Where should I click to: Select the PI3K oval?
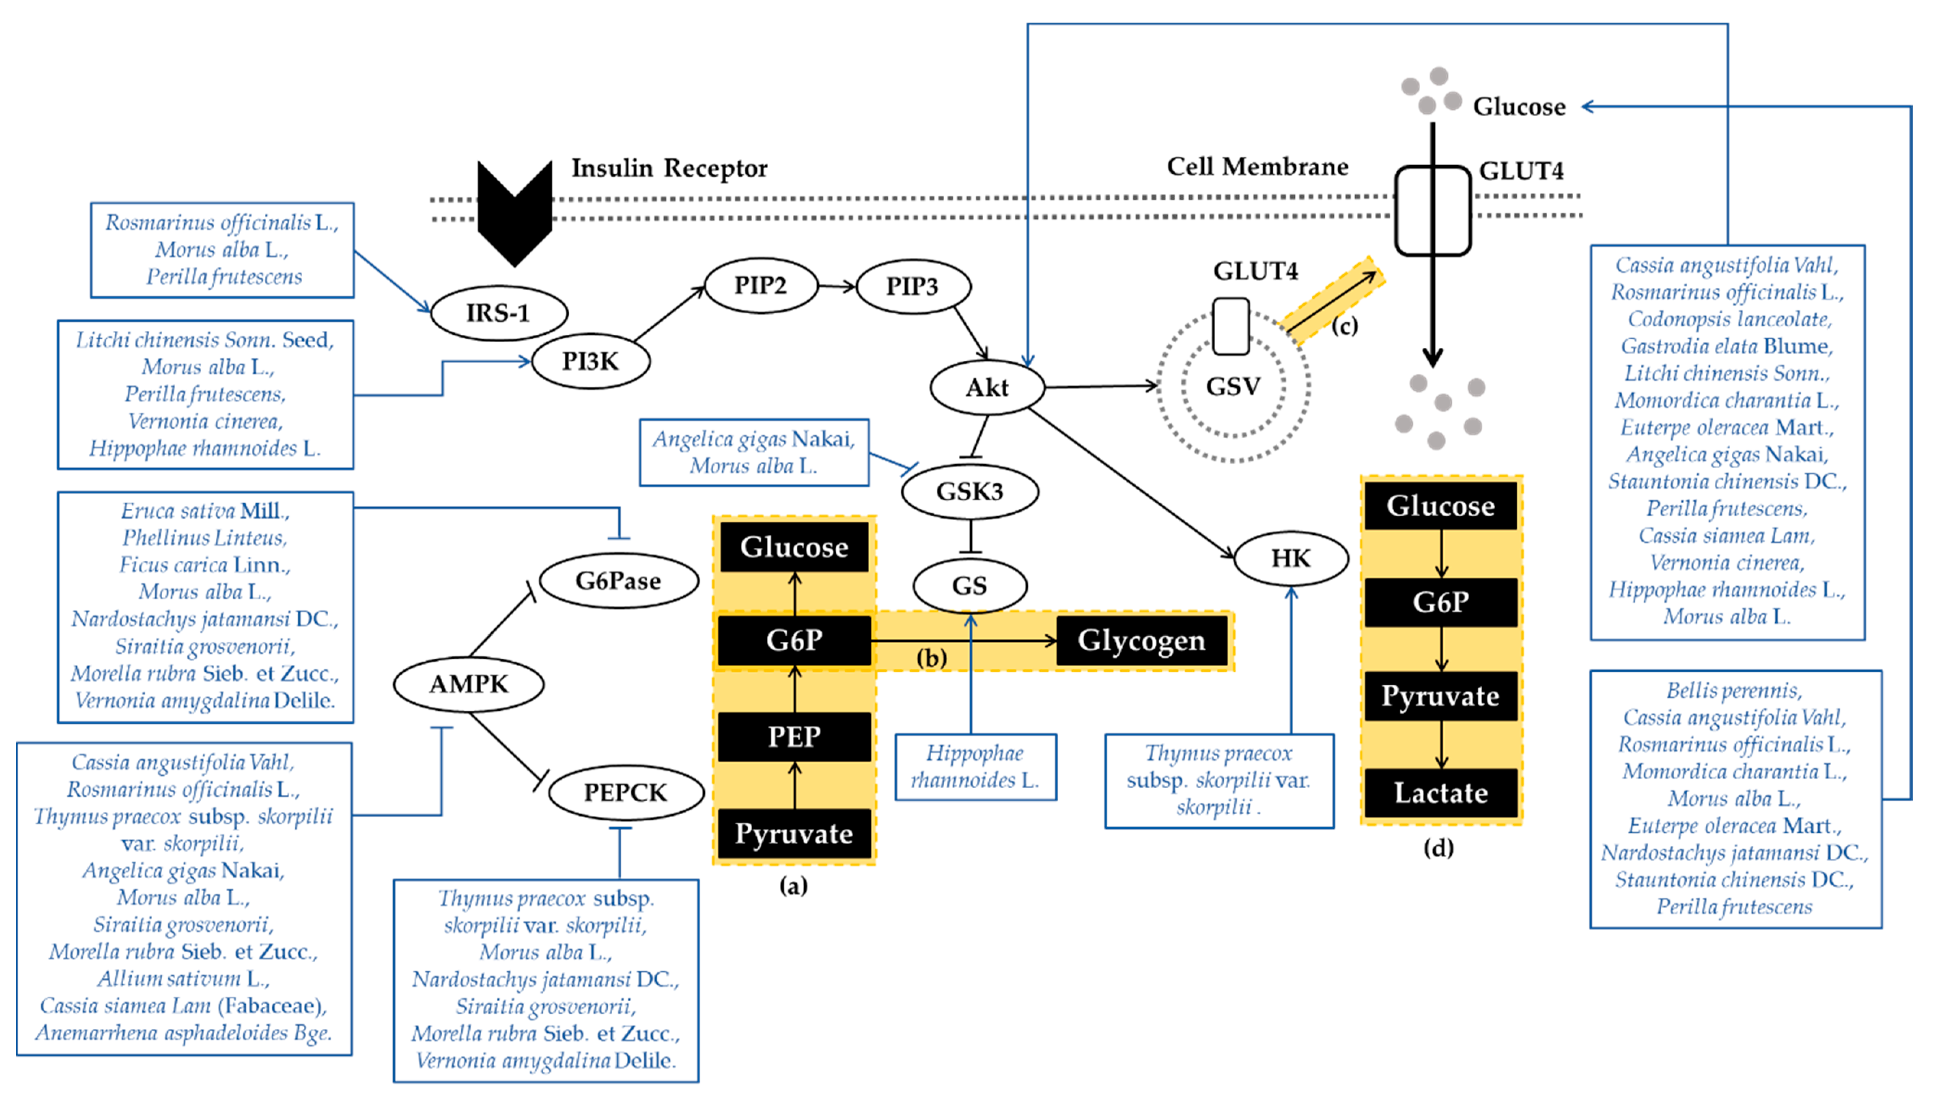[x=590, y=361]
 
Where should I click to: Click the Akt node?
[x=987, y=387]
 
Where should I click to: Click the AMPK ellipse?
[x=468, y=684]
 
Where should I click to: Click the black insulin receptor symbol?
[x=515, y=212]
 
